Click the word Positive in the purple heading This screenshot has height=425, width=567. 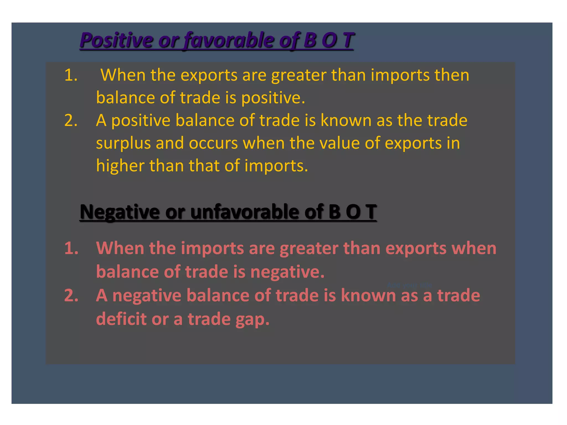tap(116, 40)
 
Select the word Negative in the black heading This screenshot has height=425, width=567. tap(120, 212)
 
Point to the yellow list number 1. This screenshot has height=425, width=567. tap(70, 75)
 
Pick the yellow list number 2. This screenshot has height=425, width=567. tap(71, 121)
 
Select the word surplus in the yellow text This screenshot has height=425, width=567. tap(123, 144)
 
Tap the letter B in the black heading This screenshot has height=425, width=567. tap(334, 212)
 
